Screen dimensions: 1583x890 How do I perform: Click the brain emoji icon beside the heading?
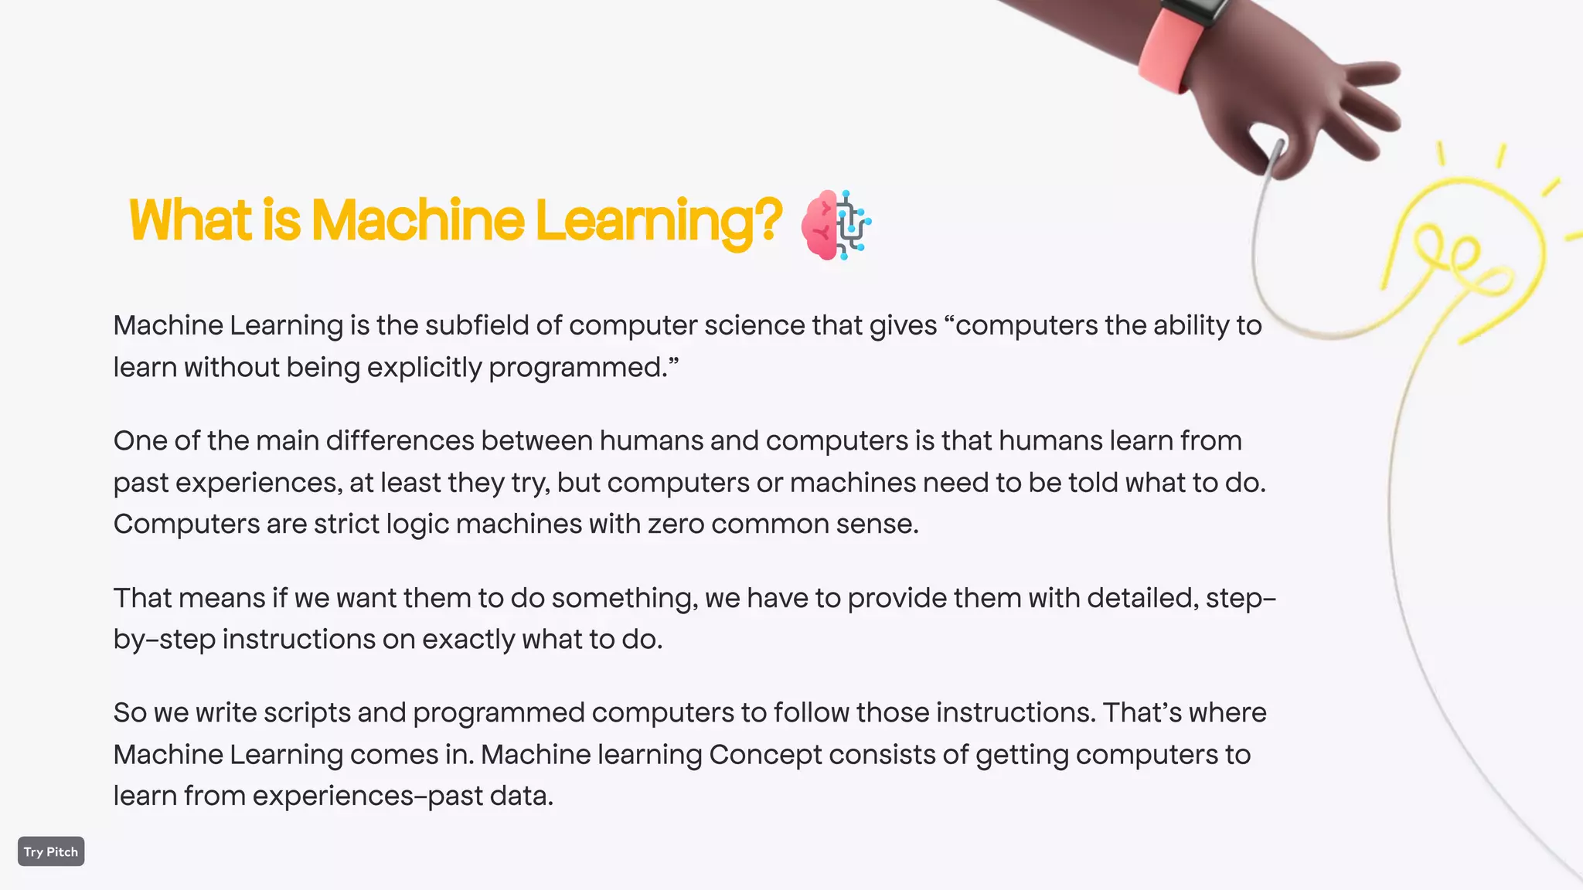[836, 225]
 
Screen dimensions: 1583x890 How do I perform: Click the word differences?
[400, 440]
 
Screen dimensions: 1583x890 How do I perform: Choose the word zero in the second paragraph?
[676, 525]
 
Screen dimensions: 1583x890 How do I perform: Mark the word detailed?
[1143, 598]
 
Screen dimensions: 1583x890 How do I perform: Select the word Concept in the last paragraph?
[765, 755]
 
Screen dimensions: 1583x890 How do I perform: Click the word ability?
[1191, 326]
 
